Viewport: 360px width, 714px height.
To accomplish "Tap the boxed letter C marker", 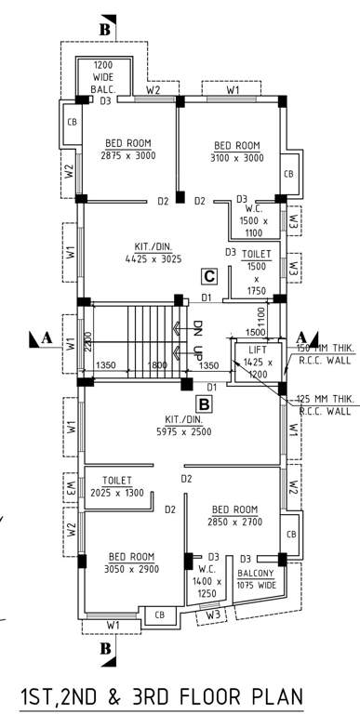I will (211, 276).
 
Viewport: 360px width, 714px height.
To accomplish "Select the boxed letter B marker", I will (204, 404).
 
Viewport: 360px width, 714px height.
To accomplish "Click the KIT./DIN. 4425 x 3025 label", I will (153, 254).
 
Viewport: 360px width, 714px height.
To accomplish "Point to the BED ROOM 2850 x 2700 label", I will (234, 516).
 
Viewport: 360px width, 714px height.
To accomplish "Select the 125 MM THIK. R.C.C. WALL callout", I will (325, 404).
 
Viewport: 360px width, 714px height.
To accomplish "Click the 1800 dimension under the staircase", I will (159, 366).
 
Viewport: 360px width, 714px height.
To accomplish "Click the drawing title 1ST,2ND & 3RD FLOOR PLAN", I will (161, 697).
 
